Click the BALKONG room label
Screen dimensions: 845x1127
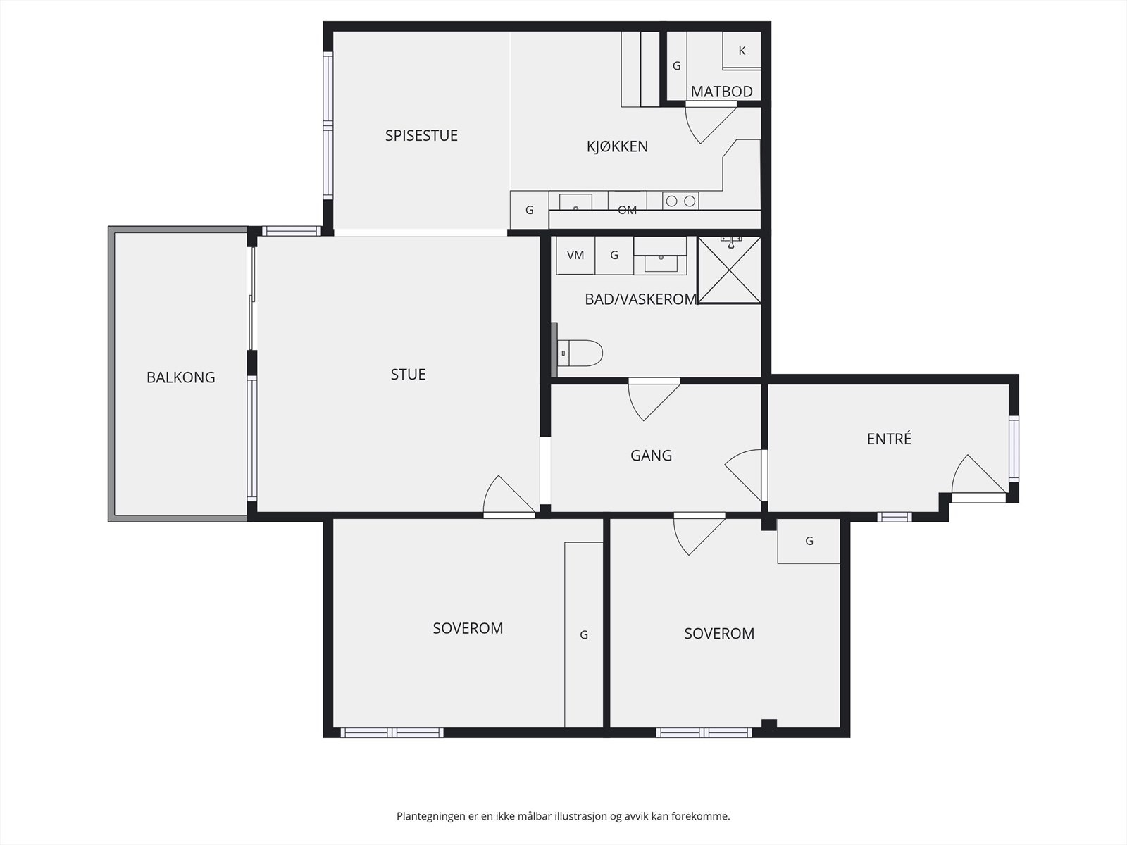click(x=180, y=377)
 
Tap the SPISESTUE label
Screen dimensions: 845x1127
click(x=421, y=135)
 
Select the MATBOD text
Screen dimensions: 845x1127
click(x=721, y=92)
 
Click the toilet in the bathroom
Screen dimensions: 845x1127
click(x=581, y=353)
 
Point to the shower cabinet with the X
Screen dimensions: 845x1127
click(x=729, y=270)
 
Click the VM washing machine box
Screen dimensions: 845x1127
click(x=575, y=255)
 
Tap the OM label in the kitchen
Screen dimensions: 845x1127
click(x=627, y=210)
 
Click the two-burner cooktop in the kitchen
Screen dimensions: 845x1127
click(x=680, y=201)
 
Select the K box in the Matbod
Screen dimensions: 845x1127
click(x=742, y=51)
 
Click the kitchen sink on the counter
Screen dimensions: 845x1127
click(x=575, y=203)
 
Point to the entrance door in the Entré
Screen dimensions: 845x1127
click(x=976, y=479)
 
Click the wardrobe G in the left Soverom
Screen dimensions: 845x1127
click(x=584, y=634)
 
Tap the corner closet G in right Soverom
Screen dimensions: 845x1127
click(x=809, y=541)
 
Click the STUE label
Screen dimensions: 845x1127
click(x=408, y=375)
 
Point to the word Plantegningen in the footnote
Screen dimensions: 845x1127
click(x=431, y=816)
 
